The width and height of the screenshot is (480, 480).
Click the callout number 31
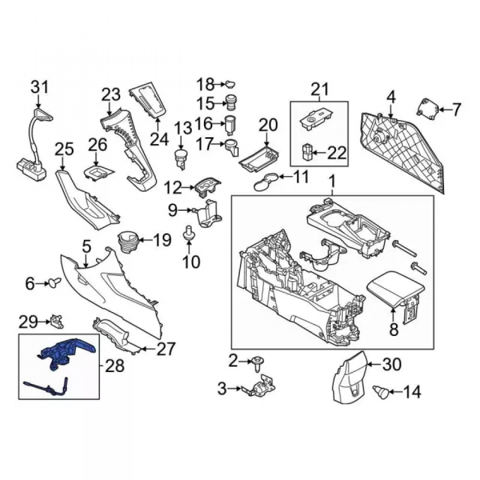(40, 87)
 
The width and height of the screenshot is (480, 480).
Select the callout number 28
(115, 366)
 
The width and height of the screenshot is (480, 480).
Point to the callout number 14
(412, 392)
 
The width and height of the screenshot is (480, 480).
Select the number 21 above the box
(320, 90)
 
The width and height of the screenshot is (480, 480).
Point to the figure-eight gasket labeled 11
(266, 181)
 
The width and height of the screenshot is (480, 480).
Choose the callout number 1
(332, 182)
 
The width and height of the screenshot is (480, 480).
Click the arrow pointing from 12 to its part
(188, 188)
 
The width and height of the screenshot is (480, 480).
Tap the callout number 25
(64, 149)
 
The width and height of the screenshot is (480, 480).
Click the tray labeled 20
(259, 157)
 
